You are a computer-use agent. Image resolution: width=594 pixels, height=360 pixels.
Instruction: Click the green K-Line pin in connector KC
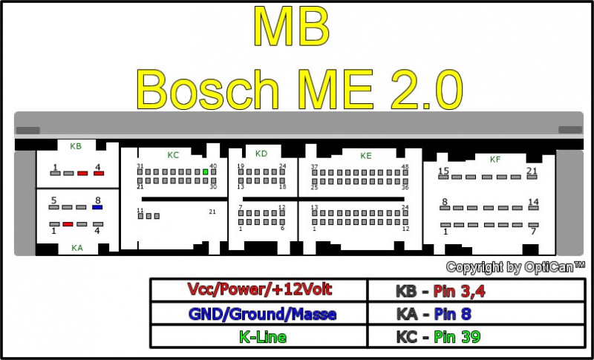206,171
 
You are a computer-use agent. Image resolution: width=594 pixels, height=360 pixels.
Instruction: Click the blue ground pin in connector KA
97,207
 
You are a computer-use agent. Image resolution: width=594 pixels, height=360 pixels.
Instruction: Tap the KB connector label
76,146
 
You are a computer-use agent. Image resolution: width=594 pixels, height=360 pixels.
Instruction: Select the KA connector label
77,248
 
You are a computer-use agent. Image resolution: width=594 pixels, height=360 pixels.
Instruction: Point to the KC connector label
173,155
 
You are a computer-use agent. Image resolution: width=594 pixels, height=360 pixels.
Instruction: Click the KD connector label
261,154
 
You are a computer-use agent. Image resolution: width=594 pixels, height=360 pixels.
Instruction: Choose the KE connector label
366,156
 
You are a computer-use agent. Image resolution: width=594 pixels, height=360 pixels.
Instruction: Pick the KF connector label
495,160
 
